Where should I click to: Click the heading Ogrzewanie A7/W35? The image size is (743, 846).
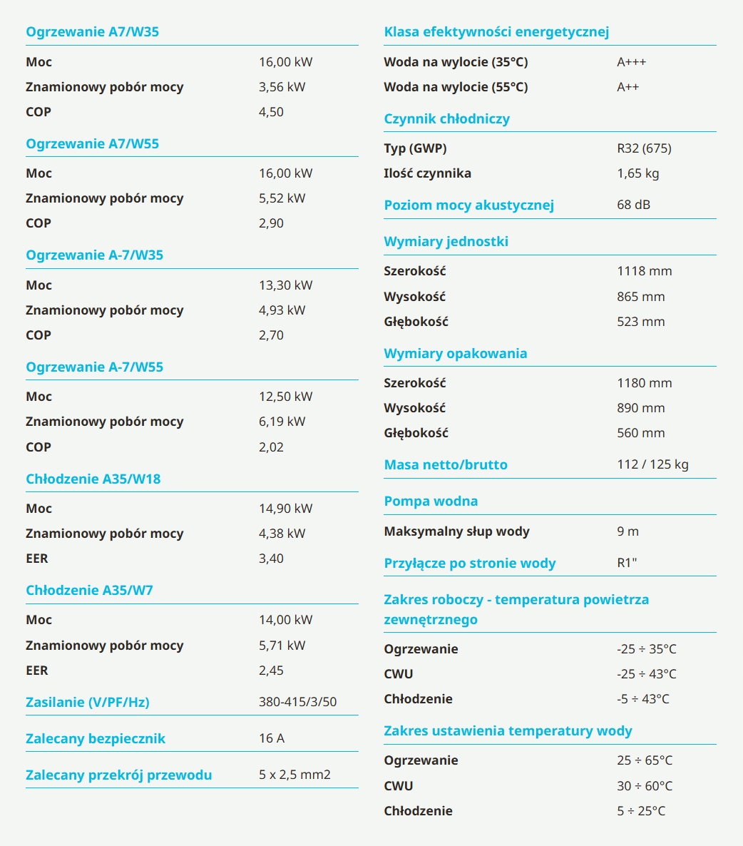(92, 32)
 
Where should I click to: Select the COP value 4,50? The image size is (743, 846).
(271, 112)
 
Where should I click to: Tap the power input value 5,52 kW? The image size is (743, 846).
(282, 198)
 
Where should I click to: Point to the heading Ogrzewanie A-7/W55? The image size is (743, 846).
(94, 367)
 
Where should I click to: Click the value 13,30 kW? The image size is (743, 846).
(286, 285)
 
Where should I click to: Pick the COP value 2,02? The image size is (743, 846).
(271, 447)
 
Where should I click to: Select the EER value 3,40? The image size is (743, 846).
(271, 559)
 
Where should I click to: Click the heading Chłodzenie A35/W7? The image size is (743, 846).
(90, 590)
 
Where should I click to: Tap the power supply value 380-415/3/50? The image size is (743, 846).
(297, 702)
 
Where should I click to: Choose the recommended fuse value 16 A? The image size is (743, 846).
(272, 738)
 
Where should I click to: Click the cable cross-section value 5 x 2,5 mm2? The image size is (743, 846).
(294, 775)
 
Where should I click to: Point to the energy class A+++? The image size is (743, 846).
(631, 62)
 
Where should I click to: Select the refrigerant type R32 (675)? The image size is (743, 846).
(645, 148)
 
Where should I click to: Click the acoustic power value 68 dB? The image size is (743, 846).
(633, 205)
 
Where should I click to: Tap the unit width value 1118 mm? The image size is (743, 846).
(645, 271)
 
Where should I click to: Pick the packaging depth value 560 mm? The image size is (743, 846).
(641, 433)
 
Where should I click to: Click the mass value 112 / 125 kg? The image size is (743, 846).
(653, 464)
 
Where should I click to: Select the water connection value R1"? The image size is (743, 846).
(627, 563)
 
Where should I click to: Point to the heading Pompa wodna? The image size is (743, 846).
(431, 501)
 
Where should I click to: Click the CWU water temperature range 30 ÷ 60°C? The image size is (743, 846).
(645, 785)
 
